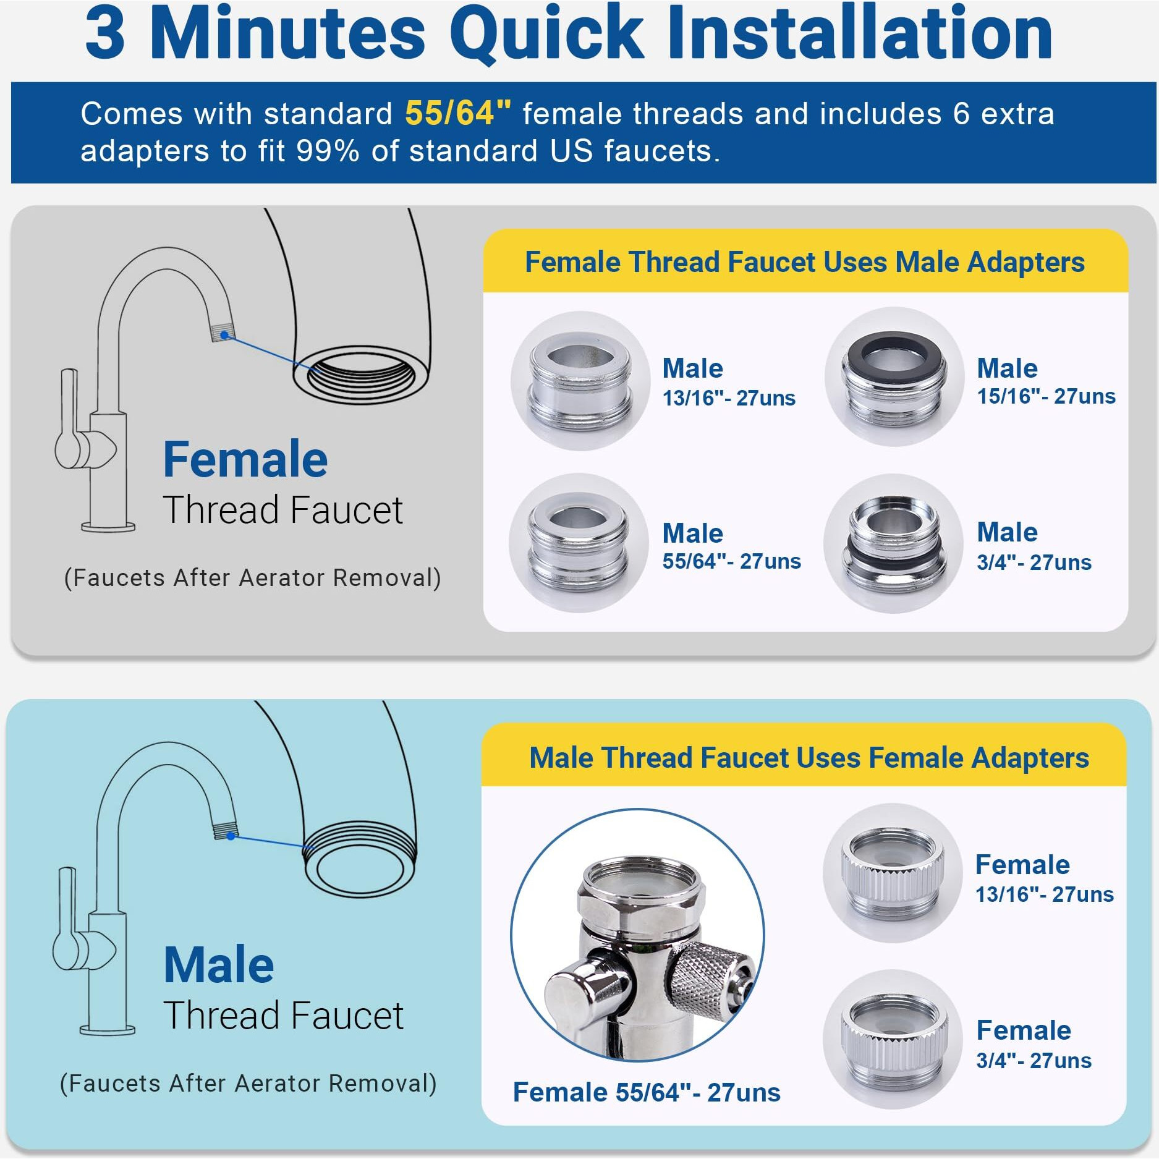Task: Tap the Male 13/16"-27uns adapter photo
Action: tap(580, 381)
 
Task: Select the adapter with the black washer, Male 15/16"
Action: tap(894, 376)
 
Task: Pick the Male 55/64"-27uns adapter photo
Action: tap(579, 543)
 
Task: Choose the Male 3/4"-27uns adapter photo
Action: tap(894, 543)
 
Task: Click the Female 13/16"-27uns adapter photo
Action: tap(892, 873)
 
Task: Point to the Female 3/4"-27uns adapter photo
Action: tap(893, 1040)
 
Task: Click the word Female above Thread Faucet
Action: tap(245, 460)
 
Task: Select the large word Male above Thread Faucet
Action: tap(219, 965)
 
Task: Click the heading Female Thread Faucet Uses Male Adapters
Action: tap(805, 262)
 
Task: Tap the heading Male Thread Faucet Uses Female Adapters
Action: tap(809, 758)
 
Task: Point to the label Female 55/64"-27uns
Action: tap(647, 1093)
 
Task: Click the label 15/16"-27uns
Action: tap(1046, 396)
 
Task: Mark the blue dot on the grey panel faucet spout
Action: tap(225, 335)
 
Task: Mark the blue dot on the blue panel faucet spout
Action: tap(231, 836)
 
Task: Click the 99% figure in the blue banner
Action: tap(328, 151)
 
